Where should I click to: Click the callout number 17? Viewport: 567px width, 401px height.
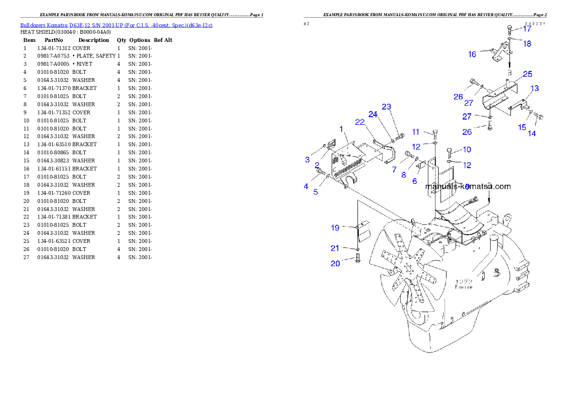point(527,29)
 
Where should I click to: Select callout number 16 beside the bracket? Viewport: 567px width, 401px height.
point(472,54)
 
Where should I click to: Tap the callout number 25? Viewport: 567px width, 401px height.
point(527,74)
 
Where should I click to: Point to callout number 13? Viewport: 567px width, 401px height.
point(535,89)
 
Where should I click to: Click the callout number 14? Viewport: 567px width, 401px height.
point(532,134)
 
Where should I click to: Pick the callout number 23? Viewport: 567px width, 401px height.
point(386,107)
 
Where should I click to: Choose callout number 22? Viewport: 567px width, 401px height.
point(360,122)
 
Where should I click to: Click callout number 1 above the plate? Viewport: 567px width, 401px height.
point(341,129)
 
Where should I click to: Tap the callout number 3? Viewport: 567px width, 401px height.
point(307,160)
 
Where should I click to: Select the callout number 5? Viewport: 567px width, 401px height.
point(315,192)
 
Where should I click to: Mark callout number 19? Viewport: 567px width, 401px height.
point(335,228)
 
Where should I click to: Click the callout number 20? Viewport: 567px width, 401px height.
point(335,263)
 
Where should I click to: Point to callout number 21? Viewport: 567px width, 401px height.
point(335,248)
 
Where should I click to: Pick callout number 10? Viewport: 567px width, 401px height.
point(467,150)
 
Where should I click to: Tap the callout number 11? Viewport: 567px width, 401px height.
point(415,132)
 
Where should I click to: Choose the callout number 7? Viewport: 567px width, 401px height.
point(394,170)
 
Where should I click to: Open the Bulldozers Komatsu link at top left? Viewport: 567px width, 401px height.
point(116,25)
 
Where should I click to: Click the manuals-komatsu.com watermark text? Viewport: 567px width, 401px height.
point(467,186)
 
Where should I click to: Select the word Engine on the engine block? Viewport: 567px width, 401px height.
point(464,287)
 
